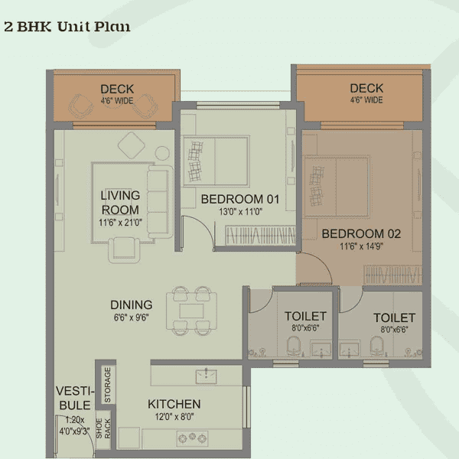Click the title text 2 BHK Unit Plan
tap(67, 27)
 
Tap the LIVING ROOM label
tap(120, 203)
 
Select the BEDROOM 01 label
tap(240, 200)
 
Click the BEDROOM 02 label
tap(360, 233)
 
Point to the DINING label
tap(131, 304)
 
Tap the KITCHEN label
tap(174, 404)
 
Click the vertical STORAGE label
tap(107, 384)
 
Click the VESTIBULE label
tap(73, 398)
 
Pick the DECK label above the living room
tap(117, 90)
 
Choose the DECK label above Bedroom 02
tap(366, 88)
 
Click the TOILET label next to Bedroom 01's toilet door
tap(305, 316)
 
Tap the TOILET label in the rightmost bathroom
tap(394, 317)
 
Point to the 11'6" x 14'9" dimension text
tap(360, 246)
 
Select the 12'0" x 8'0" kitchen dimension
tap(174, 417)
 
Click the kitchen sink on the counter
tap(206, 376)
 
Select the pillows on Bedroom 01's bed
tap(197, 158)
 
